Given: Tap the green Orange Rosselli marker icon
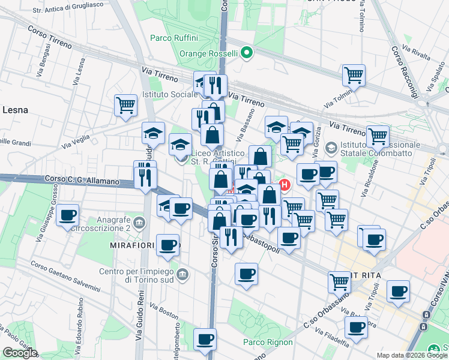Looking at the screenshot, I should pyautogui.click(x=247, y=53).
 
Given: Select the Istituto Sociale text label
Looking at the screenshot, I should pyautogui.click(x=170, y=94).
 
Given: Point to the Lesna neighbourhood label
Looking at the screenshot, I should pyautogui.click(x=15, y=110).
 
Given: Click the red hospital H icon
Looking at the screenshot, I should pyautogui.click(x=285, y=185).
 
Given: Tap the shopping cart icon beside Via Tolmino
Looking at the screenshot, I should pyautogui.click(x=354, y=76).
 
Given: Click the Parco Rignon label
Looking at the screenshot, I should pyautogui.click(x=268, y=342).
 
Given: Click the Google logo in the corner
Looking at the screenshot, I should pyautogui.click(x=20, y=353).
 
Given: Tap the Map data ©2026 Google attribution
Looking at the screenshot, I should pyautogui.click(x=412, y=355).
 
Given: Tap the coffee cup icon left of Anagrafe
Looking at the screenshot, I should pyautogui.click(x=67, y=215).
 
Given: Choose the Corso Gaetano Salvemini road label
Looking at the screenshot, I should pyautogui.click(x=65, y=277).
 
